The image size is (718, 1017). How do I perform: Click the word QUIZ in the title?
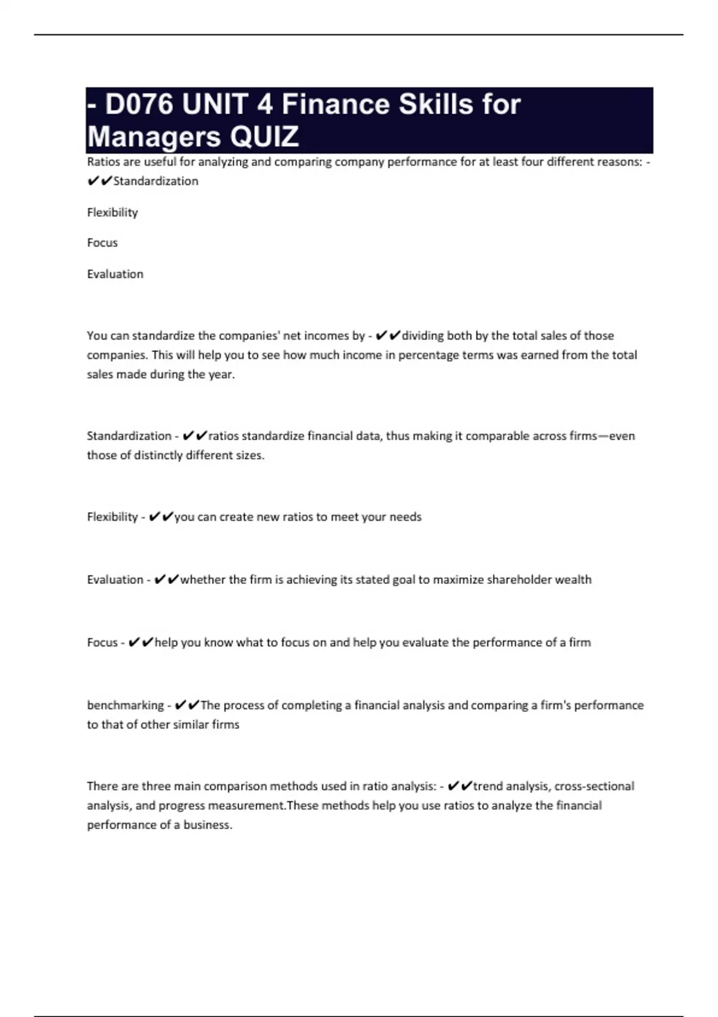[264, 136]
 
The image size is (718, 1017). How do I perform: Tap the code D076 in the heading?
[139, 104]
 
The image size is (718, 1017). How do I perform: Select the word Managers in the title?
[155, 136]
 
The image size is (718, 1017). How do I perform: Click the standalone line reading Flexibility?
[112, 212]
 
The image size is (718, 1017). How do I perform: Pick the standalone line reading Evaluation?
[115, 274]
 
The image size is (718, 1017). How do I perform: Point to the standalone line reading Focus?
[102, 243]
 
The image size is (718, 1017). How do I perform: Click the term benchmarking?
[125, 705]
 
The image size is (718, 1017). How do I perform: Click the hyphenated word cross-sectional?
[594, 786]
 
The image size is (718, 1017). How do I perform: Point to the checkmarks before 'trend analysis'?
[460, 786]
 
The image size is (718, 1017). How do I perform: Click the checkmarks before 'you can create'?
[160, 517]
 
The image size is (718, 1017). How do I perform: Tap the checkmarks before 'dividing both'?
[388, 336]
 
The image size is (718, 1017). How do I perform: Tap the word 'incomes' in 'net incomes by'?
[326, 336]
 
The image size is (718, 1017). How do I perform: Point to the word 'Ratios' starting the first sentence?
[102, 162]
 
